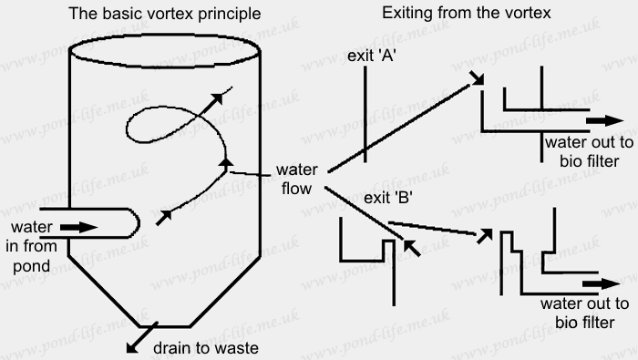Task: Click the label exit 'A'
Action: [x=369, y=57]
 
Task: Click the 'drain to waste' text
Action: [x=205, y=347]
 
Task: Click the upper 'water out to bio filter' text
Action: [x=584, y=152]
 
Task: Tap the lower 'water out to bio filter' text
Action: [x=584, y=313]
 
